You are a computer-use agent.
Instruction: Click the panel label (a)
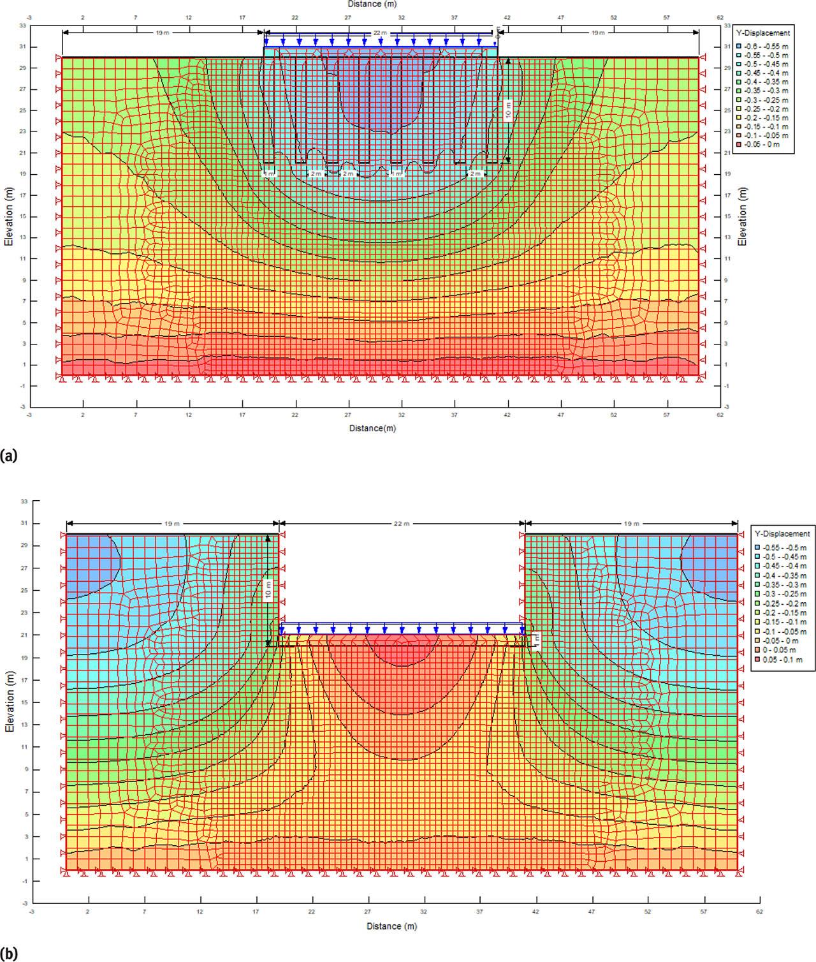tap(8, 455)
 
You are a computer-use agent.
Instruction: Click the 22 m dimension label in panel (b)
tap(401, 524)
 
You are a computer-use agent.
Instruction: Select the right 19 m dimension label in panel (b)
tap(631, 524)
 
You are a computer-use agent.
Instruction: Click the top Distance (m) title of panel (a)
tap(372, 4)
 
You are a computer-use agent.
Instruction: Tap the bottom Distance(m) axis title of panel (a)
tap(372, 428)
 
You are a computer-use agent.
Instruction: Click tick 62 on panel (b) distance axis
tap(759, 912)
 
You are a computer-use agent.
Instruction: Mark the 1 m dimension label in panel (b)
tap(536, 639)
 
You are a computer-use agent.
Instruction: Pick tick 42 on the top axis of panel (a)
tap(507, 17)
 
